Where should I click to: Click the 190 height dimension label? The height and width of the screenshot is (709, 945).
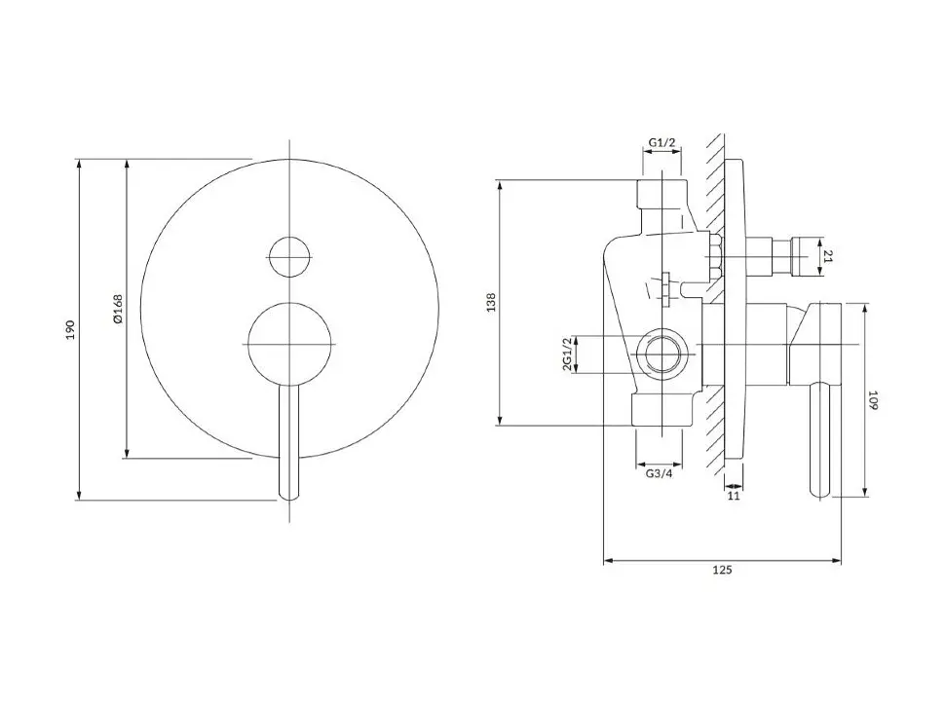click(x=70, y=329)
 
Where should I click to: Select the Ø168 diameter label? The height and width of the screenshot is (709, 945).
click(x=118, y=309)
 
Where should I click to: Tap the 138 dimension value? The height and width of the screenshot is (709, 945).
click(x=492, y=302)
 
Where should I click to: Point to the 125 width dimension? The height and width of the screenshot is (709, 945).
click(x=722, y=570)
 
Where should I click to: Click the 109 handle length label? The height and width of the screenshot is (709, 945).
click(x=873, y=400)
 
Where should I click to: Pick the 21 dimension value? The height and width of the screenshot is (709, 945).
click(x=827, y=256)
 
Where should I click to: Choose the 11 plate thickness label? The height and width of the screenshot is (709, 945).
click(x=734, y=496)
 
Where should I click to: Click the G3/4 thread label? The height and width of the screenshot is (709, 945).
click(x=659, y=473)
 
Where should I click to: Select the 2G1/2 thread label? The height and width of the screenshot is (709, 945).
click(x=567, y=354)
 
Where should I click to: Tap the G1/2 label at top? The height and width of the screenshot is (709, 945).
click(x=662, y=143)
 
